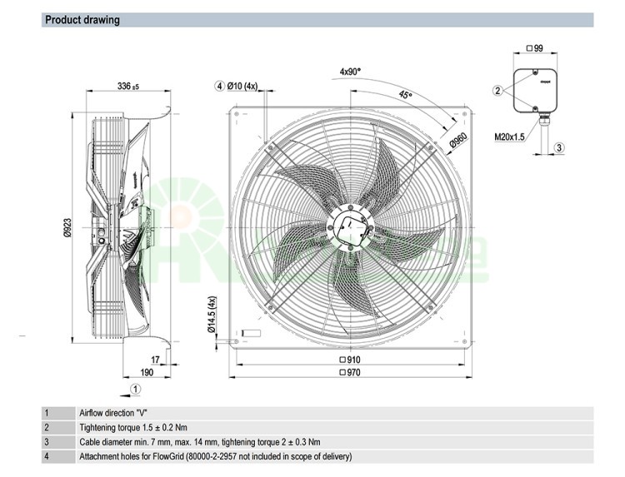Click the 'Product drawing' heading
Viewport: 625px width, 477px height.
[x=82, y=19]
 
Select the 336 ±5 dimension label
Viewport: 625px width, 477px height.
[x=127, y=86]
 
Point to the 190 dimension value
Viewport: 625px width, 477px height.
[x=147, y=373]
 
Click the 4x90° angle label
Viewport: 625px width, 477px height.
[x=350, y=72]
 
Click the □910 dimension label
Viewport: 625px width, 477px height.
[x=349, y=360]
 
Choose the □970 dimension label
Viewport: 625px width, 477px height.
[x=349, y=373]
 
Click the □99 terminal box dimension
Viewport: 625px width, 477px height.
[x=534, y=49]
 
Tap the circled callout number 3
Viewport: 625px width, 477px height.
[x=559, y=147]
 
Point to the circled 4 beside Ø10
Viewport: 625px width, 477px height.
[x=219, y=86]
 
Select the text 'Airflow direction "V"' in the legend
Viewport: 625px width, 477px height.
[x=113, y=413]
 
